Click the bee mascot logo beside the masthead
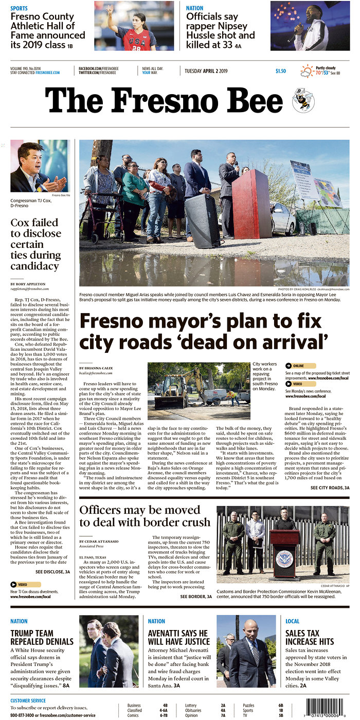point(303,100)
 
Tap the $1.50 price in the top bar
point(280,71)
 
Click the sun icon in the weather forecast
point(307,70)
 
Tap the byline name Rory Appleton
point(28,284)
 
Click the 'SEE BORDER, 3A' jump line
point(196,597)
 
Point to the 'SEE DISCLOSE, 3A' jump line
point(52,572)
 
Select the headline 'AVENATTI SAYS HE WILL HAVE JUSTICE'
point(179,638)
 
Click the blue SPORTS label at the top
point(19,8)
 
